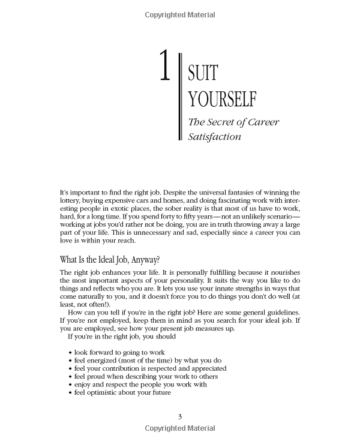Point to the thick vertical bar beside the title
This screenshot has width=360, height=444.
[180, 97]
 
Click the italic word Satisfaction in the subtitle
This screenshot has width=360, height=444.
[215, 136]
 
